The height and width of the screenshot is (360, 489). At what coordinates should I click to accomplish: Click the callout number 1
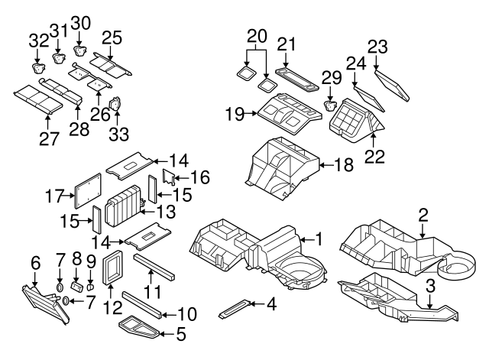pyautogui.click(x=319, y=239)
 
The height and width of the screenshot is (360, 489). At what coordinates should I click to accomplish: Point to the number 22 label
pyautogui.click(x=374, y=155)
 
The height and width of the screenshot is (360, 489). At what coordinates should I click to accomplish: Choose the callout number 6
pyautogui.click(x=35, y=264)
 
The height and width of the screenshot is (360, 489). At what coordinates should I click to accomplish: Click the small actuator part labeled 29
pyautogui.click(x=332, y=105)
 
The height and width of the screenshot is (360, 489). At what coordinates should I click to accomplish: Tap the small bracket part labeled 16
pyautogui.click(x=167, y=180)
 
